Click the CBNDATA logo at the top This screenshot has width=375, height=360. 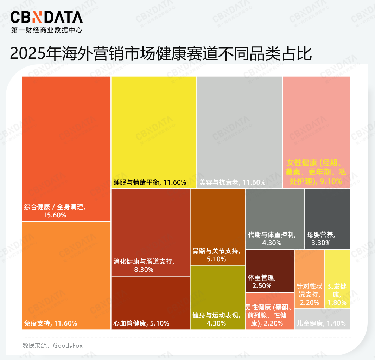tap(47, 17)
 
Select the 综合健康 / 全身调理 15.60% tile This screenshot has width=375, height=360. tap(66, 149)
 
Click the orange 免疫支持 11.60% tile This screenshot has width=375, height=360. tap(66, 276)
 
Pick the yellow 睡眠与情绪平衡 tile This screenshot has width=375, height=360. tap(154, 132)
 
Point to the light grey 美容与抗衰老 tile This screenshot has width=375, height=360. tap(239, 132)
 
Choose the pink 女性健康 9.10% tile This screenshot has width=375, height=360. tap(316, 132)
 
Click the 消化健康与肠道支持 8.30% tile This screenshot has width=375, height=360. tap(150, 232)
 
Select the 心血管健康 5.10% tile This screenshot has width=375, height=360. tap(150, 303)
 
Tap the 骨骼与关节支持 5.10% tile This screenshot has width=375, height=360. tap(217, 226)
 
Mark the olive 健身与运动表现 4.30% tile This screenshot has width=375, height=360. tap(217, 297)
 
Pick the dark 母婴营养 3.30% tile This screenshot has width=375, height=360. tap(327, 219)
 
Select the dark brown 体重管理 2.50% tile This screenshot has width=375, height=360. tap(269, 270)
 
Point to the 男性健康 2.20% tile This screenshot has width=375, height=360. tap(269, 311)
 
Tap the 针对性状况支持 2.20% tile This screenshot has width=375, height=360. tap(309, 279)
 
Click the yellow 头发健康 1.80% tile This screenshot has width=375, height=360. tap(337, 279)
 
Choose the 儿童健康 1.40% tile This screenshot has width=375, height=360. tap(322, 319)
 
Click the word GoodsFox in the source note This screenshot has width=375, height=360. tap(68, 345)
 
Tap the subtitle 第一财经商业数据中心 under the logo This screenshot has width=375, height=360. tap(47, 31)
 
